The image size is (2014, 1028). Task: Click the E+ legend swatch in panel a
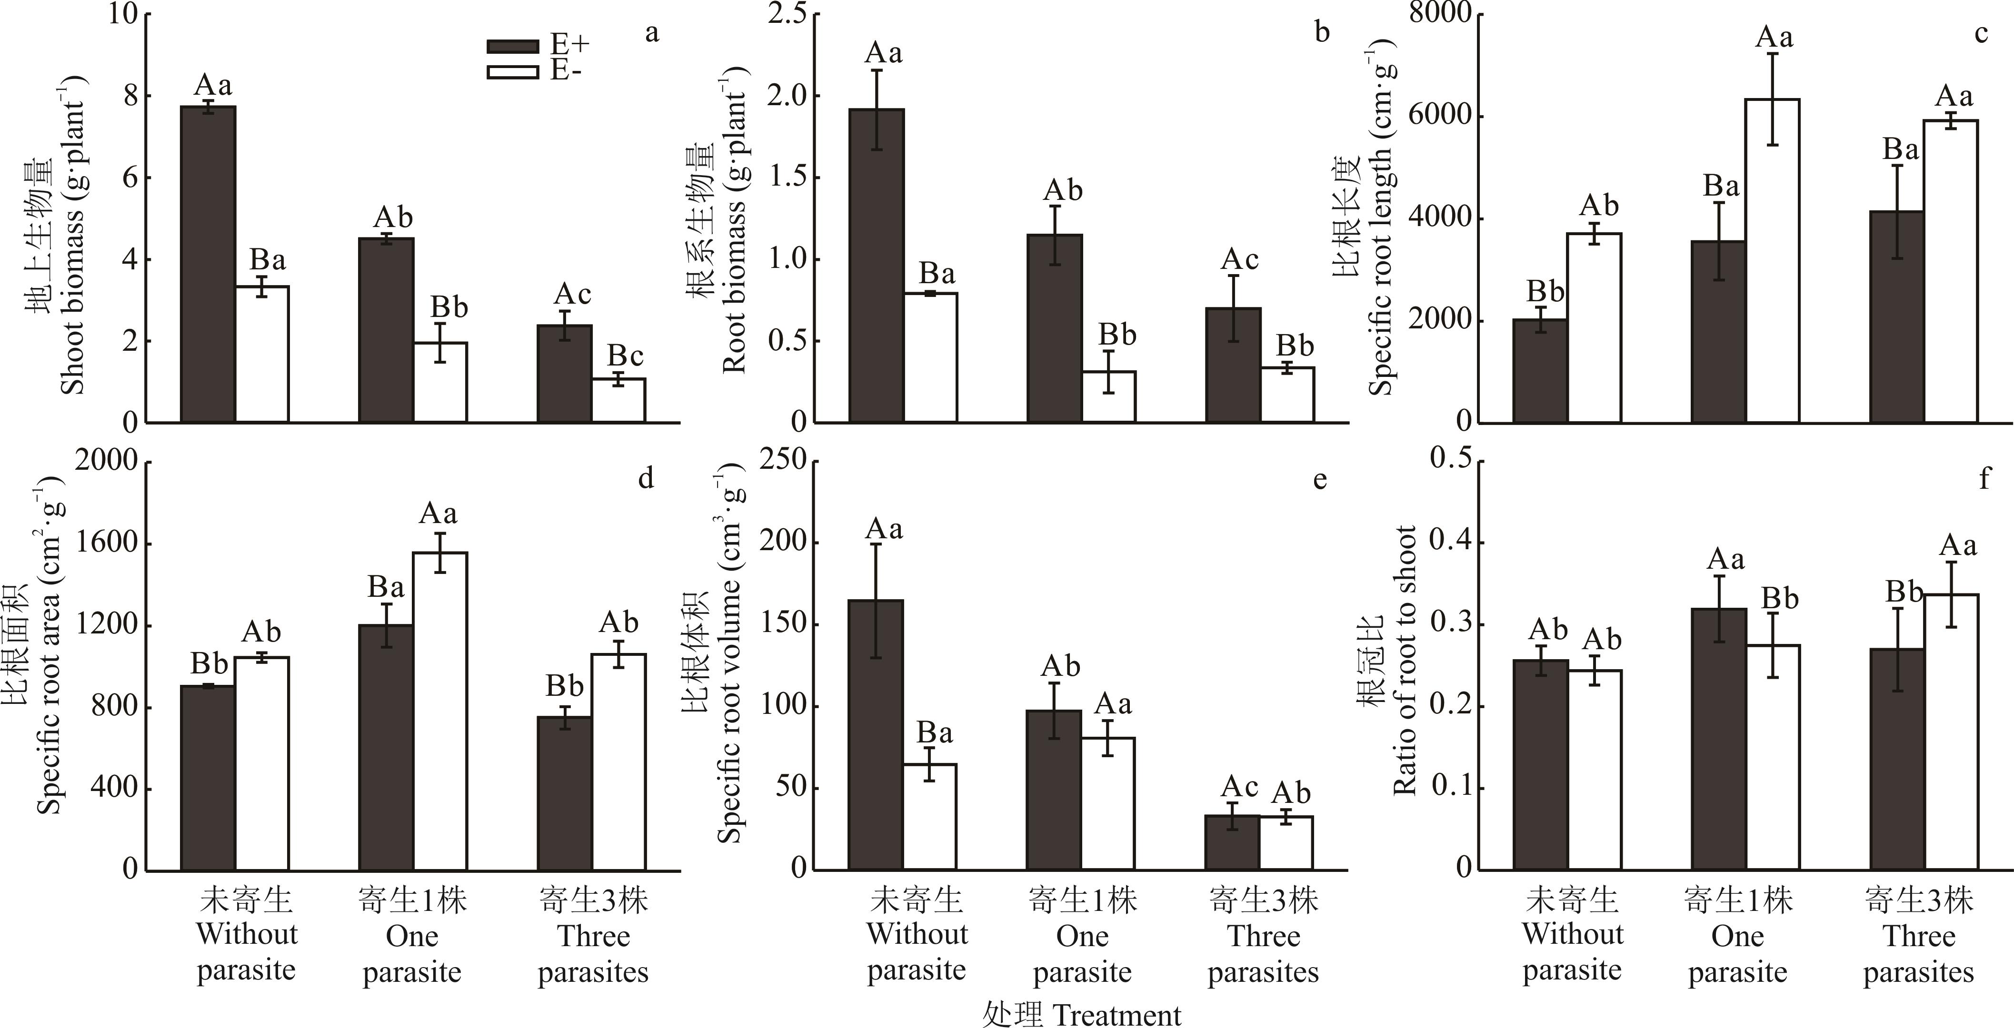coord(513,46)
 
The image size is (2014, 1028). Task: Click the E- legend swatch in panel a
coord(513,72)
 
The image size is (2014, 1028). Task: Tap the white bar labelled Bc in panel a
coord(618,400)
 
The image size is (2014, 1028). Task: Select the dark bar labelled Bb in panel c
coord(1540,371)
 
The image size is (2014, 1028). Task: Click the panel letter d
coord(646,478)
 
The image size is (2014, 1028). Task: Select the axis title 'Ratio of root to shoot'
coord(1405,661)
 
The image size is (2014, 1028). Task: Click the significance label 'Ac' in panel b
coord(1240,259)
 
